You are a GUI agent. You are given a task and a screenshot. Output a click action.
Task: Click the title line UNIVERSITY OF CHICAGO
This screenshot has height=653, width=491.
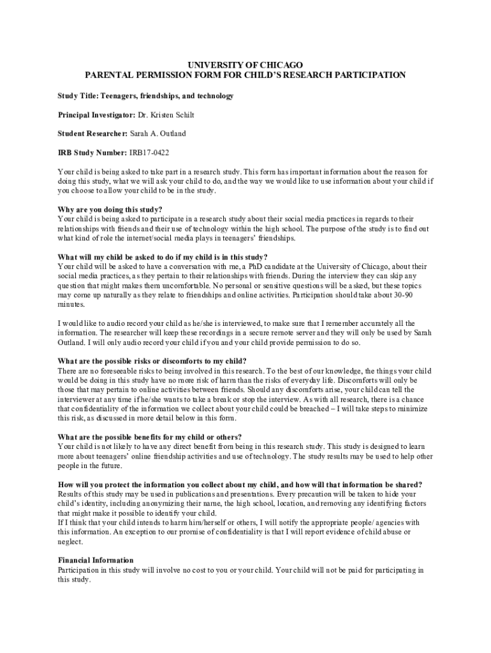coord(245,65)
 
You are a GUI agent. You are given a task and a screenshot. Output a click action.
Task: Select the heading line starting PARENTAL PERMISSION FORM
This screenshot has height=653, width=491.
coord(245,75)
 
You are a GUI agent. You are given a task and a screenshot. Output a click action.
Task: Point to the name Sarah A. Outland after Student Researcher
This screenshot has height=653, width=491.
coord(158,134)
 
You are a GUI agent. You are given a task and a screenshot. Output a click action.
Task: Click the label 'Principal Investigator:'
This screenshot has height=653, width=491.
coord(96,115)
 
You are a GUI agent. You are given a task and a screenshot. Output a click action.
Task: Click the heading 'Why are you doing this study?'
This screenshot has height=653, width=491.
coord(110,210)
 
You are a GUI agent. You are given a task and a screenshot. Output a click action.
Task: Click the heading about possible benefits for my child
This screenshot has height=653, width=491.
coord(150,437)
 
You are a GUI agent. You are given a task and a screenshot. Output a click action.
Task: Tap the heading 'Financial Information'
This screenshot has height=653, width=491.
coord(96,561)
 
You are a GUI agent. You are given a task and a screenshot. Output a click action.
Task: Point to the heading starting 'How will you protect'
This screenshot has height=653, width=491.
coord(239,485)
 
